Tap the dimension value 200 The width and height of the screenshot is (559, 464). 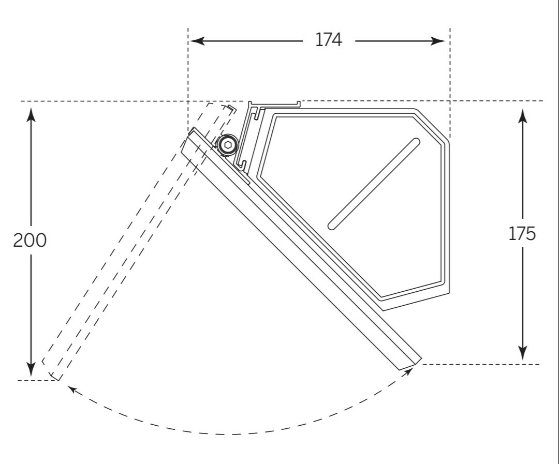(x=30, y=240)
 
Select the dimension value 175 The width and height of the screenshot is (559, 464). (x=522, y=234)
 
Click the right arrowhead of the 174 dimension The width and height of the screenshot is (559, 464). (x=438, y=41)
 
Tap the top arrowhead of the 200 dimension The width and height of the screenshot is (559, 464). (x=31, y=114)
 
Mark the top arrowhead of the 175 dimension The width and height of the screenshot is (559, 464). (x=522, y=116)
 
